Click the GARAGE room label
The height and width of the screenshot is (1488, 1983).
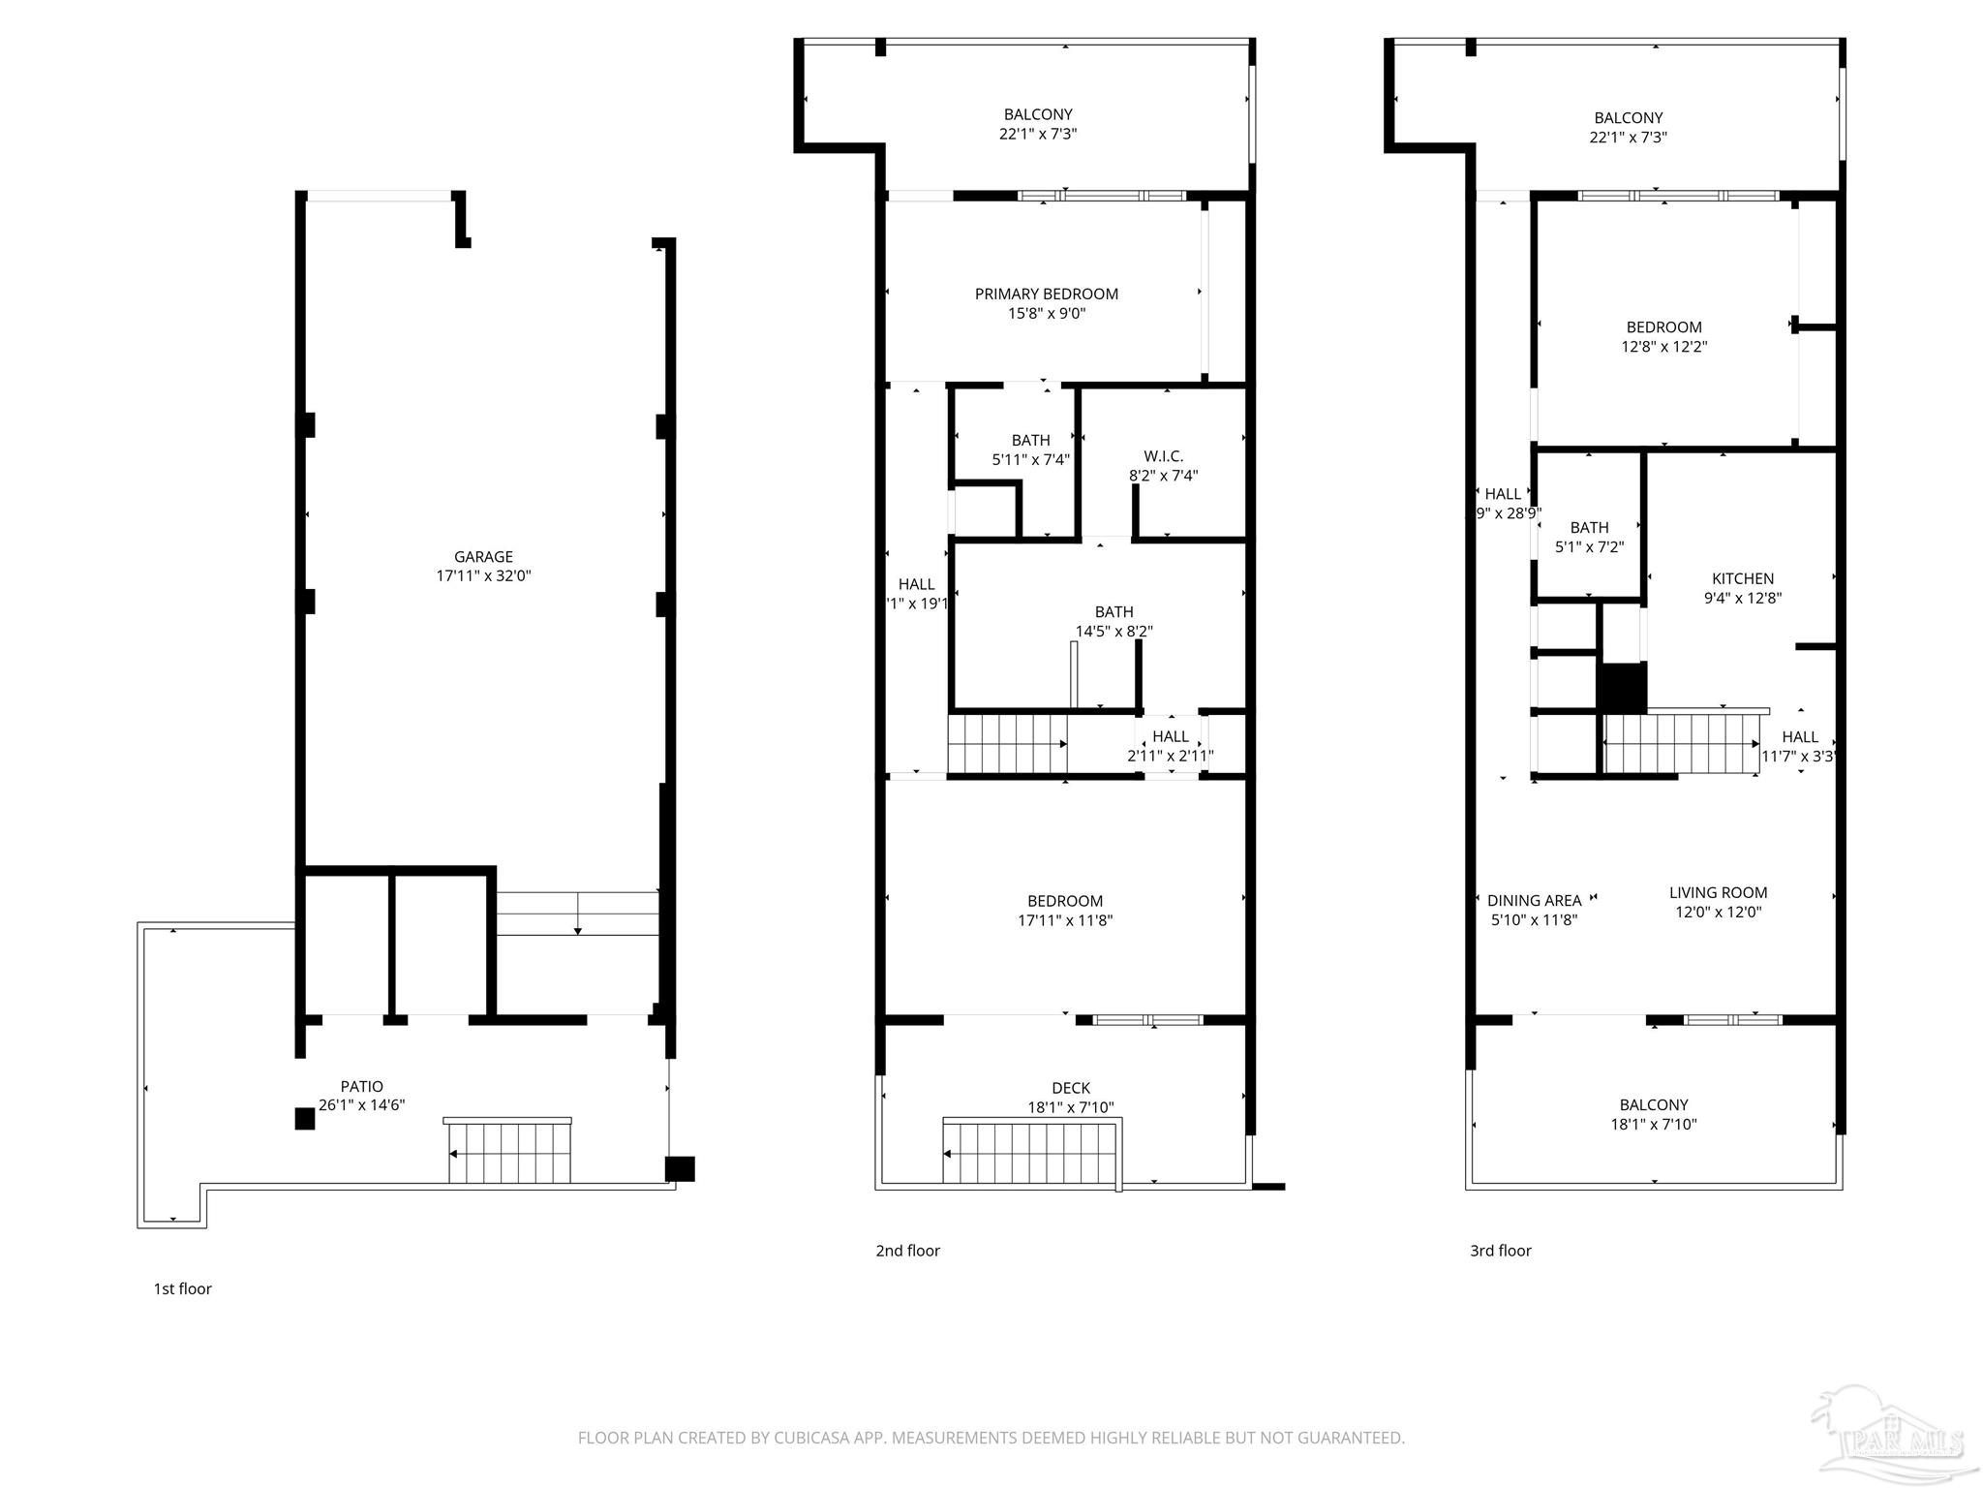pyautogui.click(x=483, y=556)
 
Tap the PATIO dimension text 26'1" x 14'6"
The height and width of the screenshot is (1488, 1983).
pyautogui.click(x=361, y=1105)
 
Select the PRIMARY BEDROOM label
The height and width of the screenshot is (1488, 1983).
pyautogui.click(x=1046, y=294)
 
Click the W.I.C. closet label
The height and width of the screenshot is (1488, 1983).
pyautogui.click(x=1163, y=456)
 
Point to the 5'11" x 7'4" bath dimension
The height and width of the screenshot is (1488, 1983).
pyautogui.click(x=1030, y=460)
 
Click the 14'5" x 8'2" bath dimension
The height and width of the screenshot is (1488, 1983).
pyautogui.click(x=1114, y=632)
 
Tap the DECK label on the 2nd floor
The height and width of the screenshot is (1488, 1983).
pyautogui.click(x=1070, y=1088)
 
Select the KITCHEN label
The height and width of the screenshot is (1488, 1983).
pyautogui.click(x=1742, y=578)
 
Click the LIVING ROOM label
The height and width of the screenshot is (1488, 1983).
pyautogui.click(x=1718, y=892)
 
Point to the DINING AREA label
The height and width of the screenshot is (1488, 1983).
pyautogui.click(x=1534, y=900)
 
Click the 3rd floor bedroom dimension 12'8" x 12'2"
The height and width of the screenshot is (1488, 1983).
pyautogui.click(x=1663, y=347)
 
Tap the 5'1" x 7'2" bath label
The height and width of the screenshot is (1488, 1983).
pyautogui.click(x=1589, y=547)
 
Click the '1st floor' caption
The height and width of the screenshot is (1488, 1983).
pyautogui.click(x=182, y=1288)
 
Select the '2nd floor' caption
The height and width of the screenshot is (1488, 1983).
pyautogui.click(x=907, y=1251)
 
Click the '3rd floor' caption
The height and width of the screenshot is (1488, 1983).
pyautogui.click(x=1500, y=1251)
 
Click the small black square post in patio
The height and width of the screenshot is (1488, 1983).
pyautogui.click(x=304, y=1119)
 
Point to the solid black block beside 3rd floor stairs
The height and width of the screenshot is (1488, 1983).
pyautogui.click(x=1621, y=688)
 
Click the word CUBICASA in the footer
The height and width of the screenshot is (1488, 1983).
pyautogui.click(x=811, y=1438)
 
